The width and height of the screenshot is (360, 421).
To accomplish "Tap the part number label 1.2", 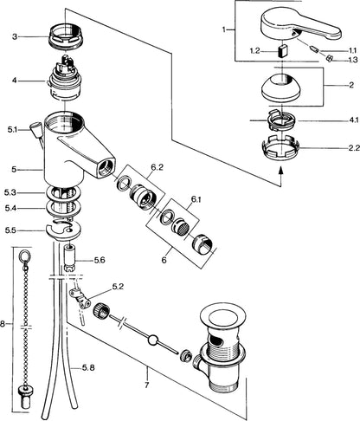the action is (255, 51).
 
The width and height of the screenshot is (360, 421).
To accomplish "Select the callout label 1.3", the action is (353, 60).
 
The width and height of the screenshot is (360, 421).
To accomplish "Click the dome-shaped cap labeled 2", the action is (282, 88).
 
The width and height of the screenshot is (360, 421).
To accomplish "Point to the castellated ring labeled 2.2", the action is (281, 148).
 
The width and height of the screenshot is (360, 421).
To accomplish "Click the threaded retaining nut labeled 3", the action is (66, 36).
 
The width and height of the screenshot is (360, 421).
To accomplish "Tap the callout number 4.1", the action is (353, 120).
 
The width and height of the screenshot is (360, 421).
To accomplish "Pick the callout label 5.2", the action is (118, 287).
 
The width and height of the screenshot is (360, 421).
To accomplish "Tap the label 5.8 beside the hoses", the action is (88, 367).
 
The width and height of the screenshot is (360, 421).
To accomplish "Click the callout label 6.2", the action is (157, 167).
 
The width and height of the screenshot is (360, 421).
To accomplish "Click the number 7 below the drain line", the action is (147, 385).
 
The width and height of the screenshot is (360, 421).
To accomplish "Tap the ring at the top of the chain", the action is (24, 255).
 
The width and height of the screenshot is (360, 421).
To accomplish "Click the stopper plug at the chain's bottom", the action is (25, 398).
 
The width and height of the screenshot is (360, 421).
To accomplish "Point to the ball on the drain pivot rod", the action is (152, 340).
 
